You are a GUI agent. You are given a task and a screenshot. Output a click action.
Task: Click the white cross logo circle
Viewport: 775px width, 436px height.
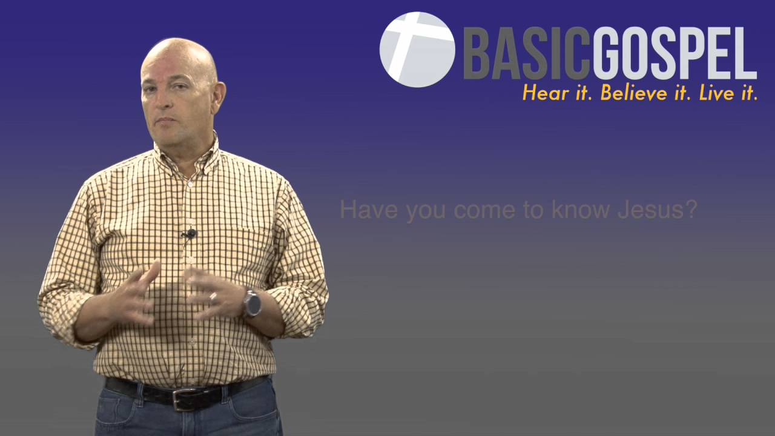coord(417,50)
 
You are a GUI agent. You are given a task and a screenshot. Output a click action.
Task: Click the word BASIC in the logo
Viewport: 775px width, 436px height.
coord(526,54)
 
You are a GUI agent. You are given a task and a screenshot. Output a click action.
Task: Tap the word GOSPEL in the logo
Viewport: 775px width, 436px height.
coord(673,54)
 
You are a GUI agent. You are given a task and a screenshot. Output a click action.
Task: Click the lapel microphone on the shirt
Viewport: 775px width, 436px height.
coord(191,233)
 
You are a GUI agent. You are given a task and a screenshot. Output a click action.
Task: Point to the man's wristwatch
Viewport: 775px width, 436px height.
coord(252,303)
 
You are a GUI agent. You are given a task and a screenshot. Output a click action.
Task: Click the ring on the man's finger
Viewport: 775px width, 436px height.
coord(213,297)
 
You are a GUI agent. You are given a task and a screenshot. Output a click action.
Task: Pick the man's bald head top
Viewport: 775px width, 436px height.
coord(179,51)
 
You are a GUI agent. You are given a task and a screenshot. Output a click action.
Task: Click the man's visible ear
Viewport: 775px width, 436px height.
coord(219,97)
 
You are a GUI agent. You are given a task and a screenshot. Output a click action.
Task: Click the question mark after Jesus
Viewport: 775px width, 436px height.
coord(691,210)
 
